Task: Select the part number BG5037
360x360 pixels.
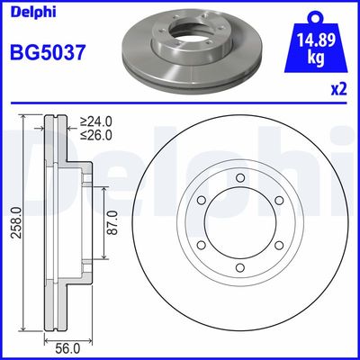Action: click(x=46, y=53)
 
